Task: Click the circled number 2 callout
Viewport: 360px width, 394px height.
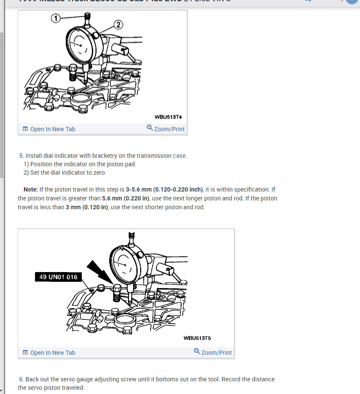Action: [x=118, y=25]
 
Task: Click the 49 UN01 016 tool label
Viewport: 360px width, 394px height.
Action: [x=58, y=277]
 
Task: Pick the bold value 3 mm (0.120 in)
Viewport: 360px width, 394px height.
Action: [x=87, y=207]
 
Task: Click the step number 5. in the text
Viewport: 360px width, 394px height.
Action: [x=21, y=156]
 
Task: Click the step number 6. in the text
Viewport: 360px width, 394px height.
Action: [x=21, y=379]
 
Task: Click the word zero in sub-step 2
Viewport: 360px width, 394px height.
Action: [x=98, y=173]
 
